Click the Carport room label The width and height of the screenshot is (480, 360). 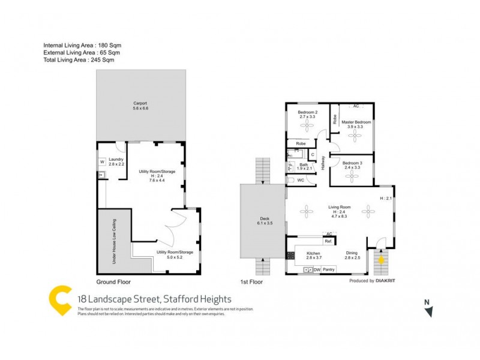coord(140,103)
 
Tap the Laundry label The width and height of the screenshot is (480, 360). coord(116,159)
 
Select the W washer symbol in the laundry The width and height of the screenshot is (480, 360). coord(102,161)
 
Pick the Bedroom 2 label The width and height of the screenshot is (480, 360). coord(307,112)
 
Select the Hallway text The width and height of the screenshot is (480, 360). coord(323,161)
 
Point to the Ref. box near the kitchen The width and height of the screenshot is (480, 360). coord(329,241)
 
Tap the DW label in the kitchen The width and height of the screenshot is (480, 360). coord(317,270)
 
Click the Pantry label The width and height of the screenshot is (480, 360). coord(329,270)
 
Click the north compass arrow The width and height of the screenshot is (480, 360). coord(428,310)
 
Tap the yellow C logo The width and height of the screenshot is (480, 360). coord(60,302)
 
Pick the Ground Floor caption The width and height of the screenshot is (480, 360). coord(113,281)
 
